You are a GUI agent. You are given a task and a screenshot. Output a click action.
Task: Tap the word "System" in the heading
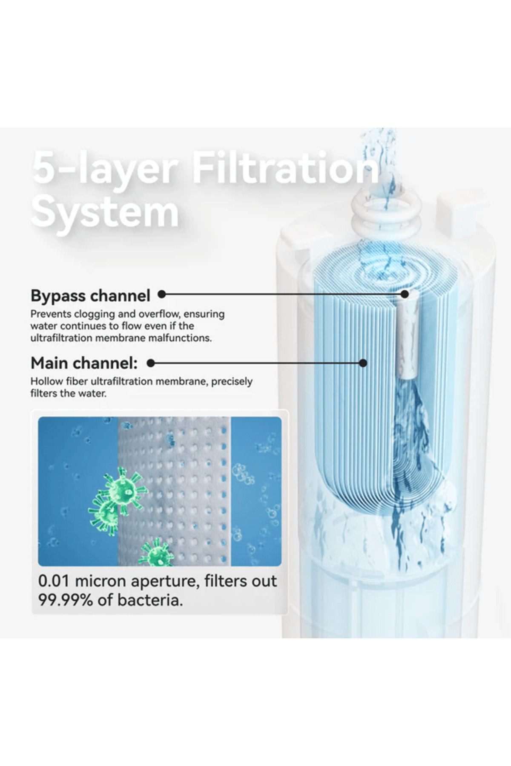click(105, 213)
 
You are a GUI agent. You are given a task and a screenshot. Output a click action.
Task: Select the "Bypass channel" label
click(90, 296)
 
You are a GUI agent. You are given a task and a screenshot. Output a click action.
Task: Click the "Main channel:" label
click(84, 363)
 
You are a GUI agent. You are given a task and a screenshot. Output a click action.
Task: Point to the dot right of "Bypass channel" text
click(161, 294)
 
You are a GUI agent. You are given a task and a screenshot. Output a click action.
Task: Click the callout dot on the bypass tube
click(405, 294)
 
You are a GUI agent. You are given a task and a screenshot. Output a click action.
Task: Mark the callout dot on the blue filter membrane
click(363, 363)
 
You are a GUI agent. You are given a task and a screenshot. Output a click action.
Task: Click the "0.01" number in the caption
click(54, 581)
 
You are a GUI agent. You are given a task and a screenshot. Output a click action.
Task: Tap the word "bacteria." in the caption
click(150, 600)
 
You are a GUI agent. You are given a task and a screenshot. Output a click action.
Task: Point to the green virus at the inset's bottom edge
click(156, 553)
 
